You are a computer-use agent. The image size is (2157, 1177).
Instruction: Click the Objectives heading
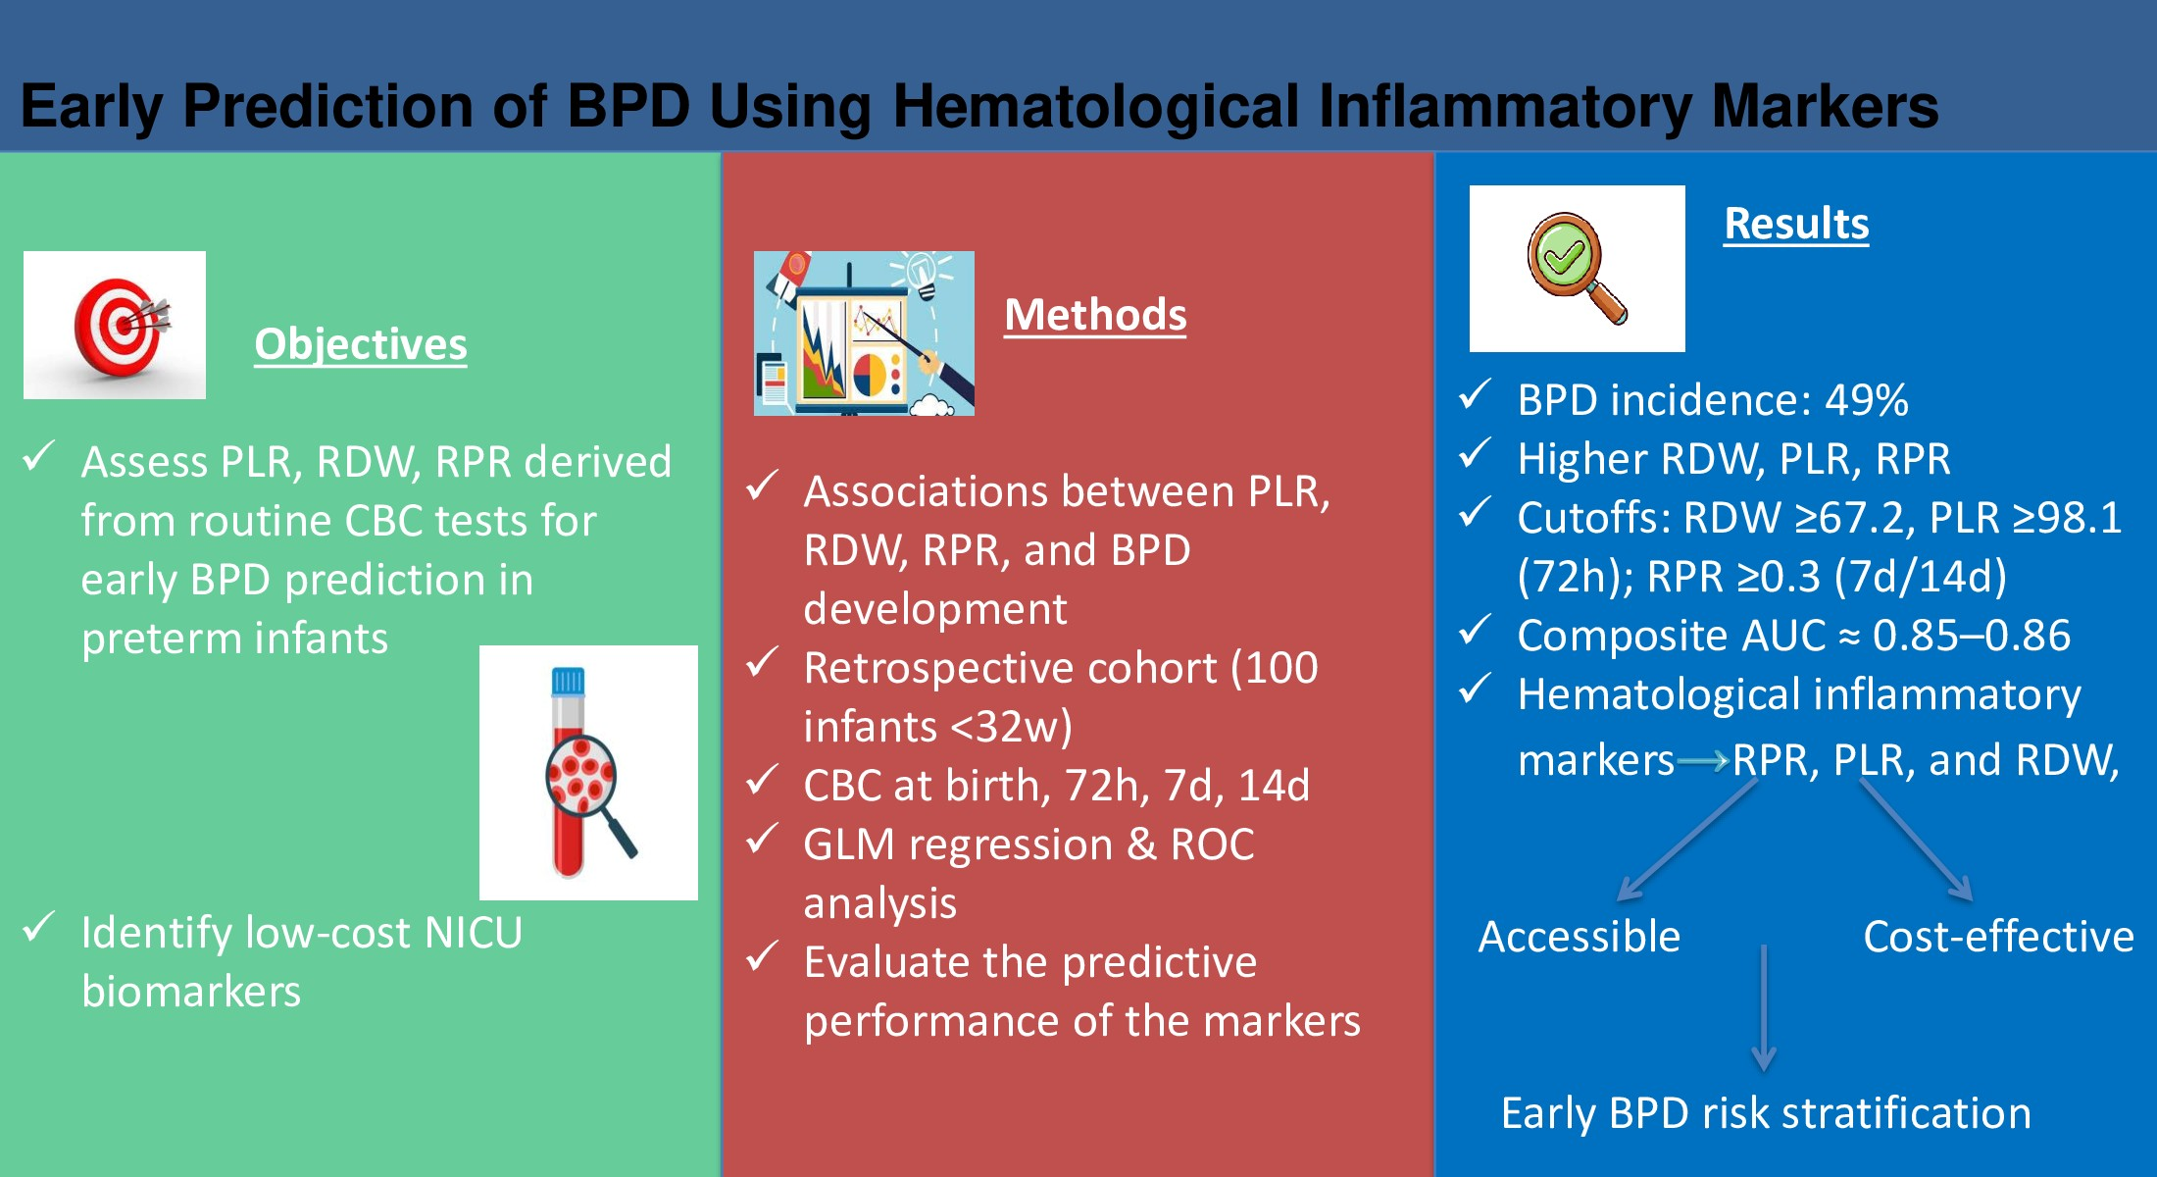[x=361, y=344]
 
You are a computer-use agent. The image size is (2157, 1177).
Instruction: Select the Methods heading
[x=1095, y=315]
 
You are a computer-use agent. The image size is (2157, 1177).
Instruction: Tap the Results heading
[x=1796, y=224]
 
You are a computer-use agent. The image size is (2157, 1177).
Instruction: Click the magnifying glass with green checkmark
[x=1577, y=269]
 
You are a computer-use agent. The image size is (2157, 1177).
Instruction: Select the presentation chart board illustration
[x=864, y=333]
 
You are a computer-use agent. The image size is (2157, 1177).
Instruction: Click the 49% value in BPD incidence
[x=1866, y=400]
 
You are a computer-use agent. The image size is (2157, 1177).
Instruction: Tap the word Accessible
[x=1580, y=937]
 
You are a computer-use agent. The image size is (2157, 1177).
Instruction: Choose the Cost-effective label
[x=1998, y=937]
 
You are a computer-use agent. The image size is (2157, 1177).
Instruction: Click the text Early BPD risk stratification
[x=1766, y=1114]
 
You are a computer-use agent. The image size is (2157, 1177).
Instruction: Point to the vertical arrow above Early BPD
[x=1764, y=1008]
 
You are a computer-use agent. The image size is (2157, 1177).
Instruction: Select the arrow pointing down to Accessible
[x=1686, y=840]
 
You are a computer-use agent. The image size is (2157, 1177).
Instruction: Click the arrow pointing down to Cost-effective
[x=1916, y=841]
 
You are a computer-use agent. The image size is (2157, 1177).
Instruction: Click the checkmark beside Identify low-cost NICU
[x=39, y=926]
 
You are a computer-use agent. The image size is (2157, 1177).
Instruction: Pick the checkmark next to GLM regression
[x=763, y=839]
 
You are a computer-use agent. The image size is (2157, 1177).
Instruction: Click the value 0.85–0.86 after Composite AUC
[x=1972, y=636]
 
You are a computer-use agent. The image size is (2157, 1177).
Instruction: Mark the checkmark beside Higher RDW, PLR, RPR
[x=1476, y=453]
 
